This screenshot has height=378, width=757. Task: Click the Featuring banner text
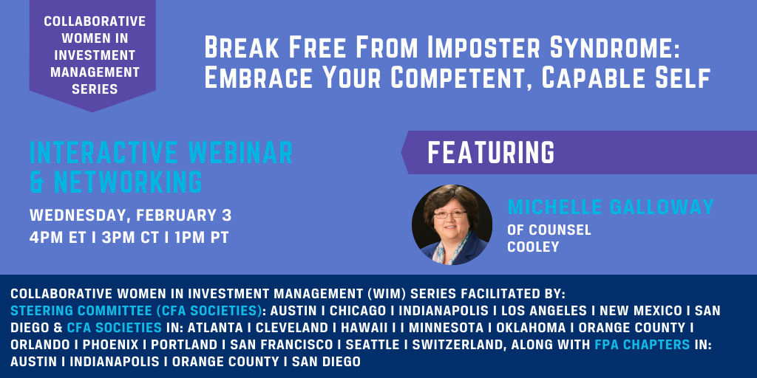coord(491,153)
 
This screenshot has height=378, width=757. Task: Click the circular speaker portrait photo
coord(452,224)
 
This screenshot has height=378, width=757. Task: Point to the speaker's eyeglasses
coord(450,214)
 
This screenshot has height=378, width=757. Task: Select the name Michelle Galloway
coord(611,207)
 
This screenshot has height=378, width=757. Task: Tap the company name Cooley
coord(533,247)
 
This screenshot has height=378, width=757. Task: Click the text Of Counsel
coord(549,230)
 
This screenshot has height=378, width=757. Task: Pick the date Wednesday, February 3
coord(130,216)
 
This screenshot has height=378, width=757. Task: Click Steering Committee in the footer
coord(81,310)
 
